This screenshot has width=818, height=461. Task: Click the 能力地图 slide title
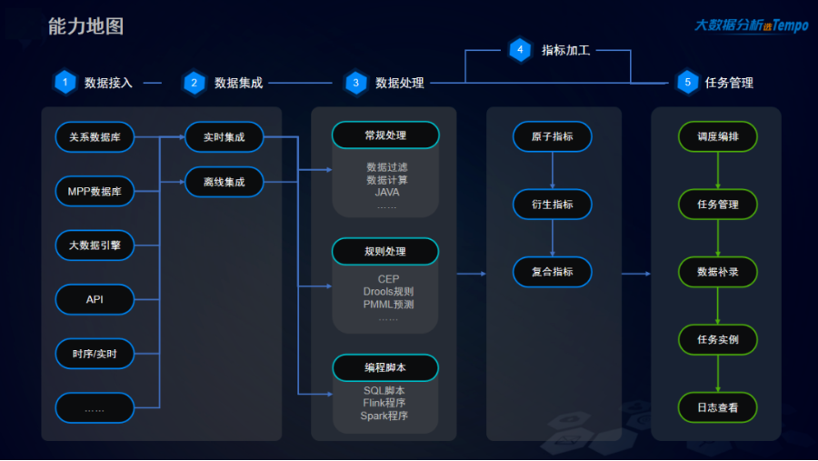click(85, 26)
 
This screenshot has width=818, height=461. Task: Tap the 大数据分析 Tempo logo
click(751, 25)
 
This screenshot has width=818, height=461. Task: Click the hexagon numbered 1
click(65, 83)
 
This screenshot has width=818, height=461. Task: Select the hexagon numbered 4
click(520, 50)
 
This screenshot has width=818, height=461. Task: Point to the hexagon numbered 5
click(687, 83)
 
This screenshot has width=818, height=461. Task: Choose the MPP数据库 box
click(95, 191)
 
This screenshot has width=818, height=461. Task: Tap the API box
click(95, 299)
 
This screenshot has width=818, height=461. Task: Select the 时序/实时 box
click(95, 353)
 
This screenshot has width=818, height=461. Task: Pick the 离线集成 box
click(224, 182)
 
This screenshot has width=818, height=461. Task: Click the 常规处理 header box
click(385, 135)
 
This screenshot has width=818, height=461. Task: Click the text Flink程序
click(384, 403)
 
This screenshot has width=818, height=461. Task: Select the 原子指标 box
click(553, 137)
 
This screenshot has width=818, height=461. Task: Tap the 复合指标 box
click(553, 272)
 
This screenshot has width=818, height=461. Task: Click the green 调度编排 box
click(717, 136)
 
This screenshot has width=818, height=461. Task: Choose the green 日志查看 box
click(717, 407)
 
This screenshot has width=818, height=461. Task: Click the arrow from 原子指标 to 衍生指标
click(553, 170)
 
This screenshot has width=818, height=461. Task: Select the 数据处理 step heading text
click(399, 83)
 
